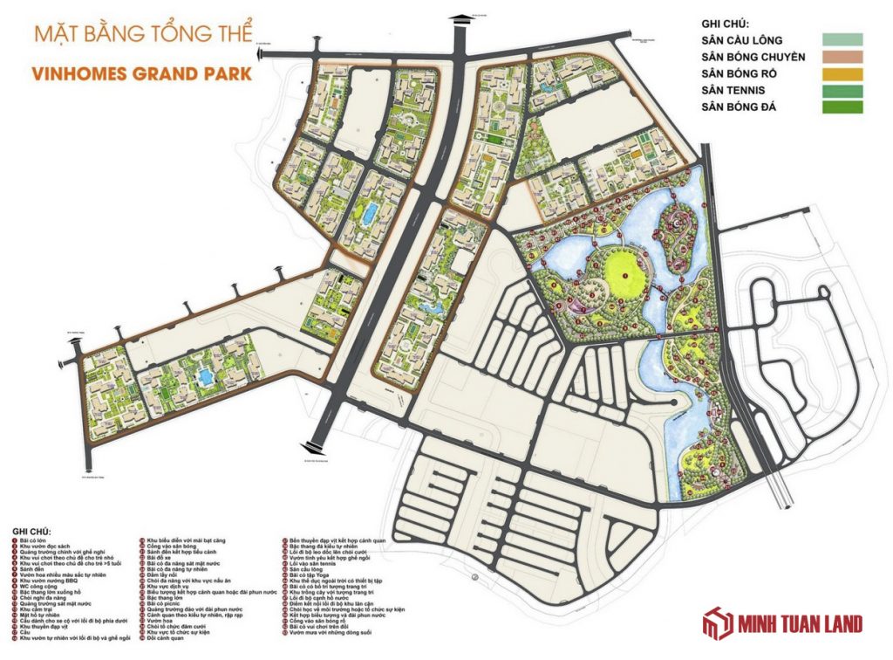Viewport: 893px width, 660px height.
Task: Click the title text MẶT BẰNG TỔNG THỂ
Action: pos(143,37)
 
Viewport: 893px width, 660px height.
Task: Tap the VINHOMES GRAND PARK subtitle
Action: pos(141,73)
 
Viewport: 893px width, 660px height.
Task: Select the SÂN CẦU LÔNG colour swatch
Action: pos(841,40)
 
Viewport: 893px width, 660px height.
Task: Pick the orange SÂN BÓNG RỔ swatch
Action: pos(841,74)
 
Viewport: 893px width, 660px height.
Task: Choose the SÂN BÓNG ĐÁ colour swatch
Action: pos(841,107)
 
